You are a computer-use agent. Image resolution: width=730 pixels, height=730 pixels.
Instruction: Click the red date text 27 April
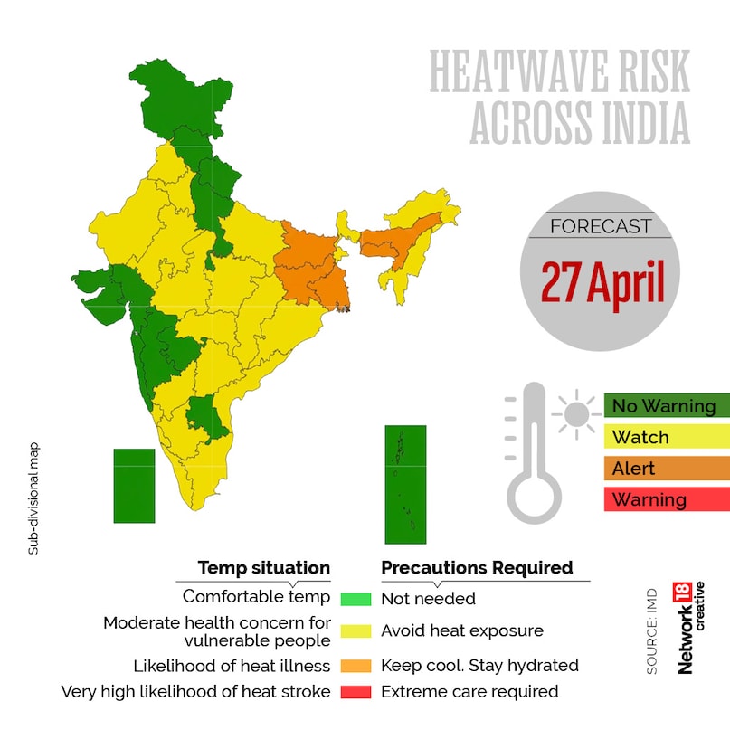click(602, 282)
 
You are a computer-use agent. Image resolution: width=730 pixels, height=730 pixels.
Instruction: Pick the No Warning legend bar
click(666, 405)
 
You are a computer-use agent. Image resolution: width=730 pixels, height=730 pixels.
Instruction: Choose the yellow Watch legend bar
click(666, 437)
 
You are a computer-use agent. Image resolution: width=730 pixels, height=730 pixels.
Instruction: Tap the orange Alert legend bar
click(666, 469)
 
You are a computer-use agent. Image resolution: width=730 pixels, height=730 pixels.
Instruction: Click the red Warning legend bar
click(666, 499)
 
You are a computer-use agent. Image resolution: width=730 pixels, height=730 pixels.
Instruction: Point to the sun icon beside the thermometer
click(574, 414)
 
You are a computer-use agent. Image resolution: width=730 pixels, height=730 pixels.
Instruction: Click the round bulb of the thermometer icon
click(534, 496)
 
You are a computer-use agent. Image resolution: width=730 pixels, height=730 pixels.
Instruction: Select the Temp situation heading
click(264, 568)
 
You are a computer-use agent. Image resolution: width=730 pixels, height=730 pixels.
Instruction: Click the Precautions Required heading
click(477, 568)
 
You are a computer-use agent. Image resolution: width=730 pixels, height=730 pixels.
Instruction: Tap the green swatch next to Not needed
click(356, 599)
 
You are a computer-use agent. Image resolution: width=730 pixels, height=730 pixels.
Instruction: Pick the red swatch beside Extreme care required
click(356, 692)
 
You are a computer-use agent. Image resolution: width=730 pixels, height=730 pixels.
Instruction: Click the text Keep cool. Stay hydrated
click(479, 665)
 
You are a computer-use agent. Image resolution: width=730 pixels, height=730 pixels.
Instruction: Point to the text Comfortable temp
click(256, 597)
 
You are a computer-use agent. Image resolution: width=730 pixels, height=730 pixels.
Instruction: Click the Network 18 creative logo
click(689, 628)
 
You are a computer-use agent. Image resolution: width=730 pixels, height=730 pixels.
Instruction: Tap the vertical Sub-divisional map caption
click(33, 498)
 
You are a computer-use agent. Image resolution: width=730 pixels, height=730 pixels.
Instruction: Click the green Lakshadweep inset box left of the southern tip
click(134, 486)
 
